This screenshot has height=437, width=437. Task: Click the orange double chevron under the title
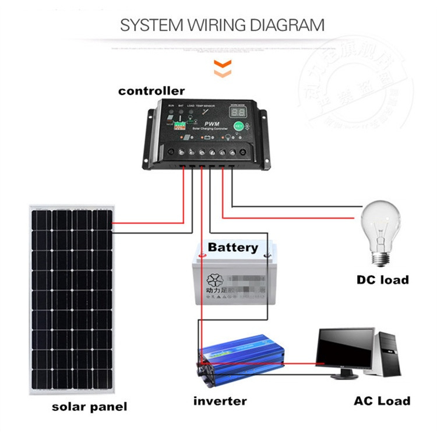(219, 67)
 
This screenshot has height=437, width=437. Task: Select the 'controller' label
(151, 91)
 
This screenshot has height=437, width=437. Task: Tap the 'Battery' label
(232, 247)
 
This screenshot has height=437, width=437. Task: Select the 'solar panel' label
(89, 407)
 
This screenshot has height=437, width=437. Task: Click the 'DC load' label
(383, 280)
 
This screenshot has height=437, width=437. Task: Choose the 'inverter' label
(220, 401)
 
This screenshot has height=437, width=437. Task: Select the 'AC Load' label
(382, 401)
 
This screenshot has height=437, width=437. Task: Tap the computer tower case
(389, 356)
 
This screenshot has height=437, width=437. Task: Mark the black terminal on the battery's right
(267, 255)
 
